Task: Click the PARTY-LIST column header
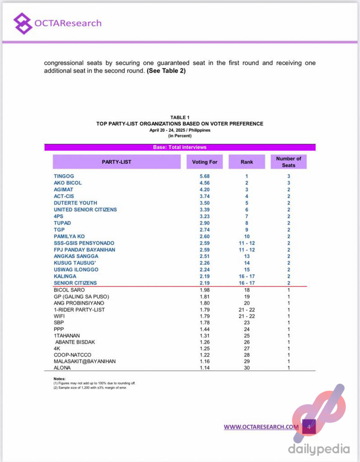point(116,162)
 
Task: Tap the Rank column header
point(247,162)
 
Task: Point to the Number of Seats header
point(289,162)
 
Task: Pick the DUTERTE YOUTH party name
point(75,203)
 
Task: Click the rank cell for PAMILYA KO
point(247,236)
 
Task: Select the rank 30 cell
point(247,367)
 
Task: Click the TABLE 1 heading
point(180,118)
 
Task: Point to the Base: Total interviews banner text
point(180,147)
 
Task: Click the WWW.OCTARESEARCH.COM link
point(261,427)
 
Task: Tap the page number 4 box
point(309,426)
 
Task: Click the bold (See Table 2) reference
point(166,71)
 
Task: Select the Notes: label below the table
point(59,379)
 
